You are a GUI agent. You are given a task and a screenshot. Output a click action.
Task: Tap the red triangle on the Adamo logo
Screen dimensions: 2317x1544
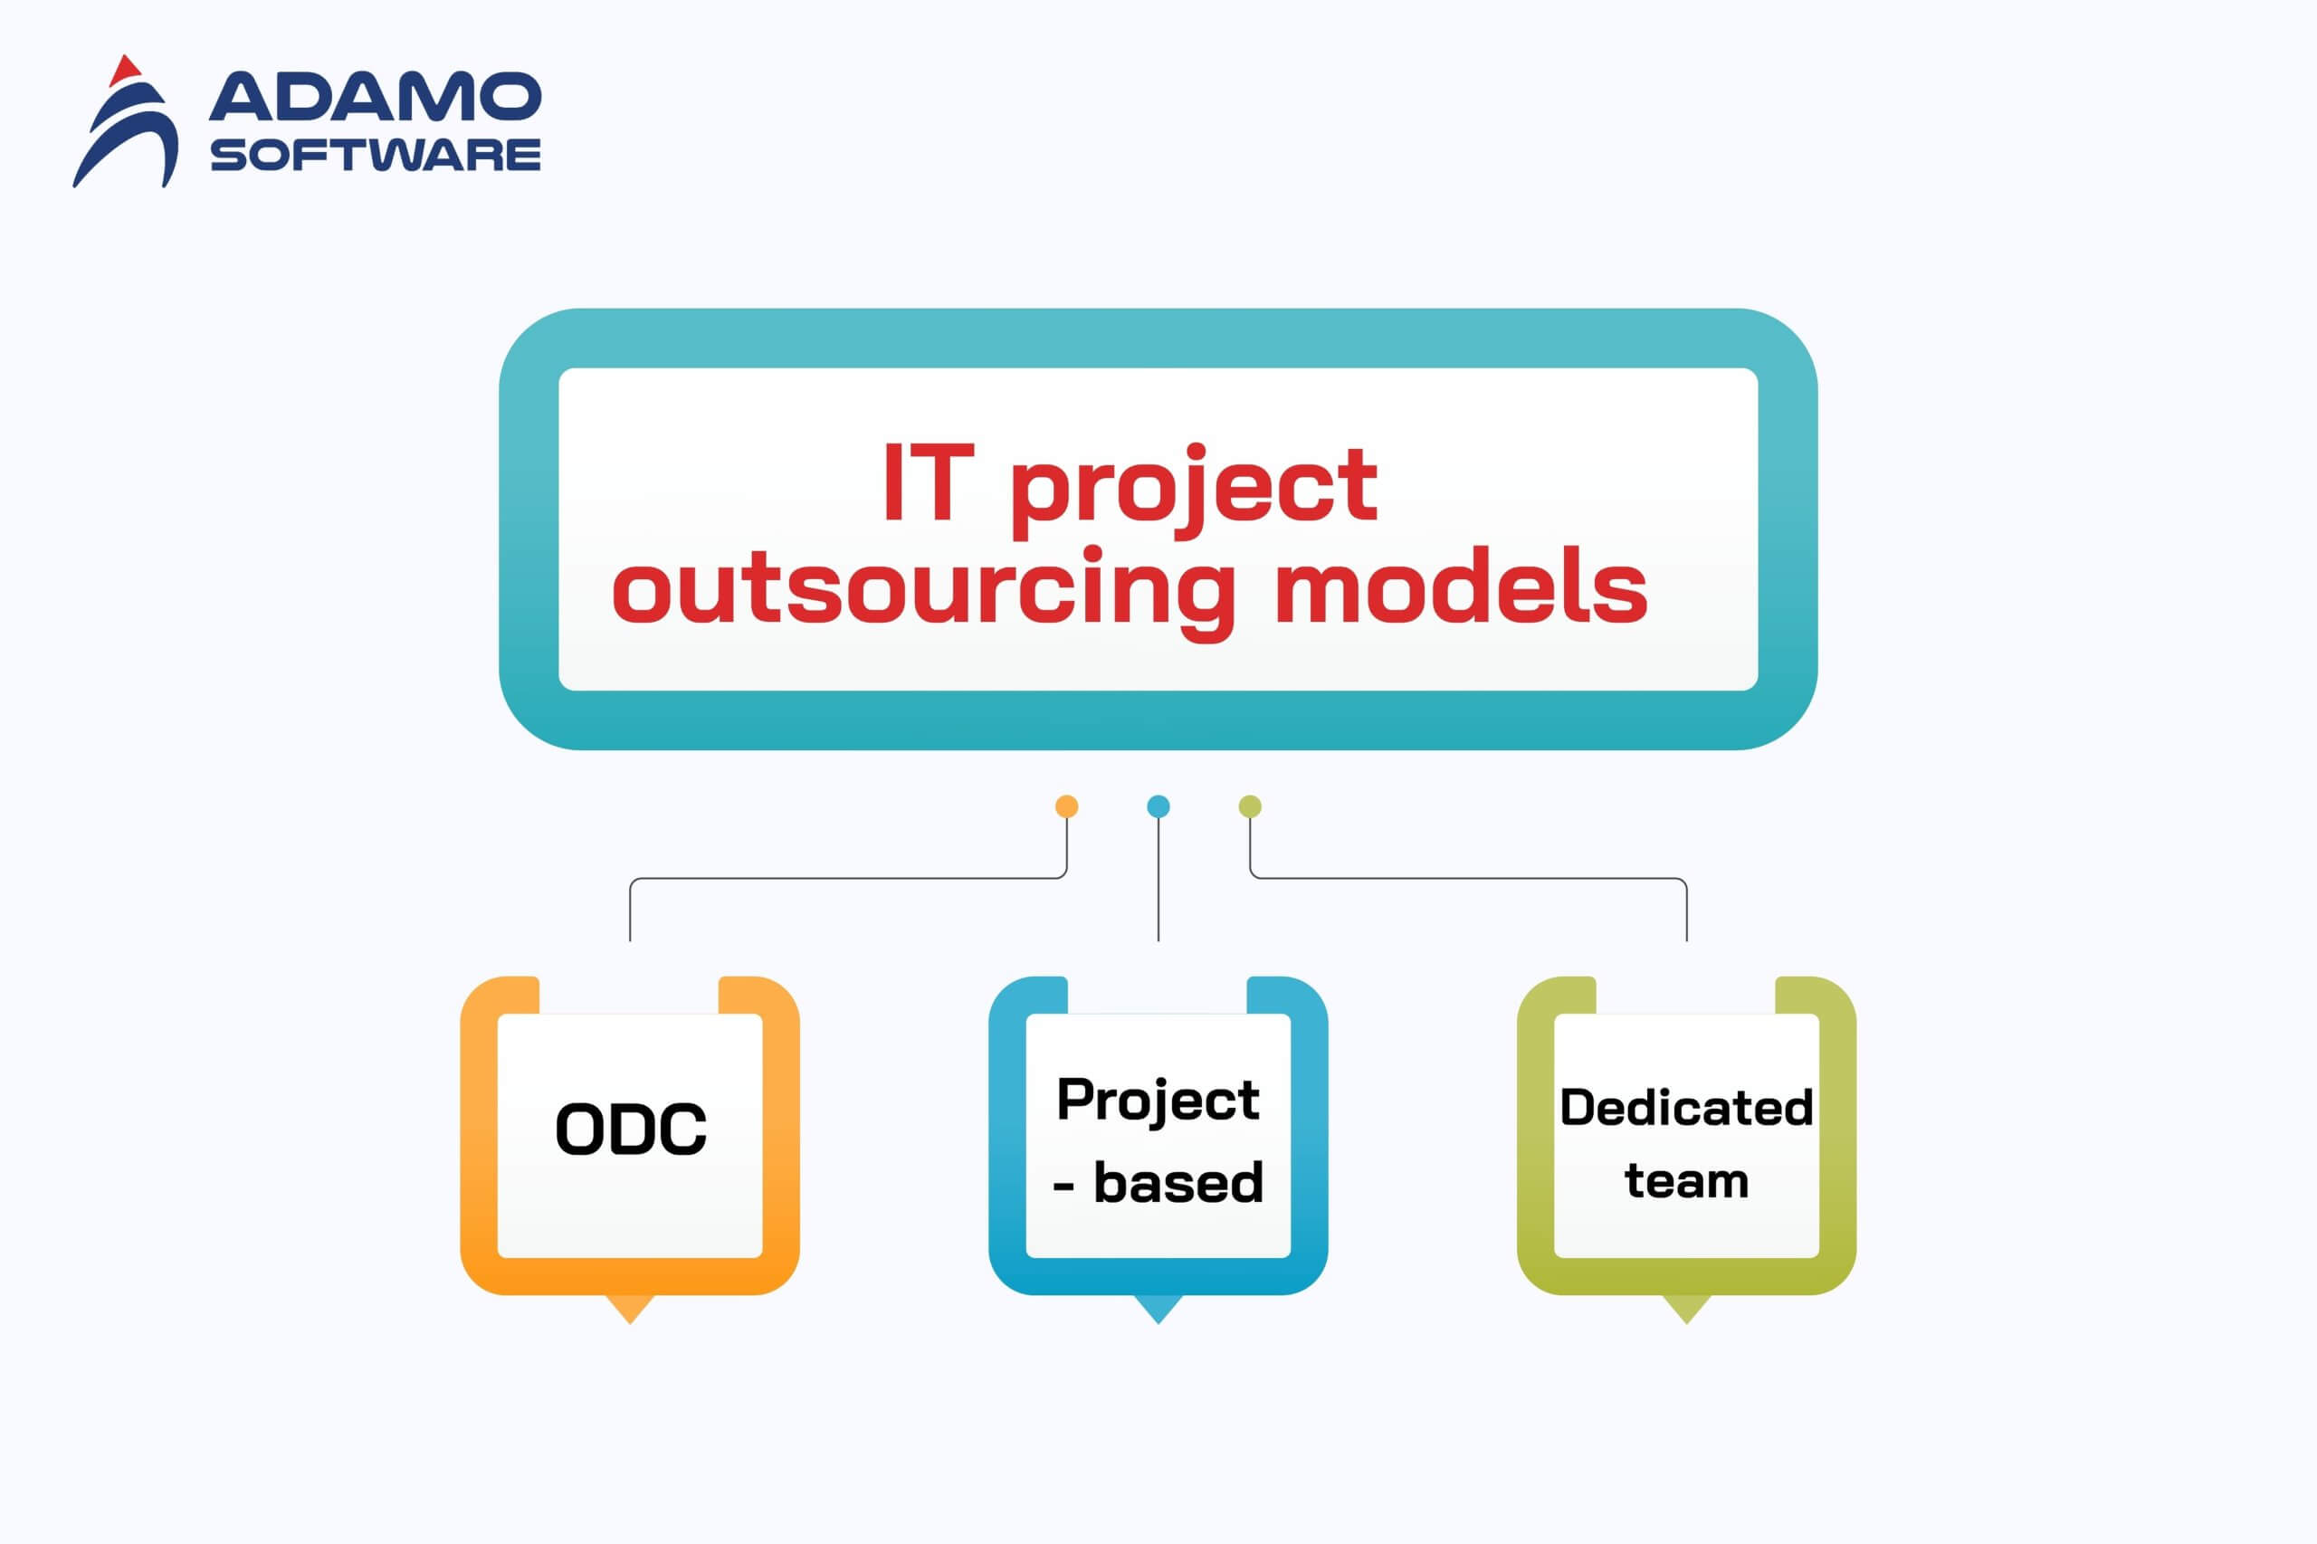click(x=124, y=70)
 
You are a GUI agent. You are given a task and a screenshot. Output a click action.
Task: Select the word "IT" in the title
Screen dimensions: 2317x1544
click(x=928, y=482)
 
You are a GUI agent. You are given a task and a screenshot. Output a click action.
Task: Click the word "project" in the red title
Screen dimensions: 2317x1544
click(x=1194, y=490)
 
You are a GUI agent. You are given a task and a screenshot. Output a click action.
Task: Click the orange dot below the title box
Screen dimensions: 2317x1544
click(x=1066, y=806)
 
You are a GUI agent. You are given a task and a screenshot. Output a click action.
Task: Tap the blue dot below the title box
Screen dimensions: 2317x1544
click(x=1158, y=806)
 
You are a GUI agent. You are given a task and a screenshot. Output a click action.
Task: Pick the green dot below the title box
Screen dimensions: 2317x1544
click(x=1250, y=806)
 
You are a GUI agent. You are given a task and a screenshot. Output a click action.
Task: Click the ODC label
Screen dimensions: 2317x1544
click(x=631, y=1129)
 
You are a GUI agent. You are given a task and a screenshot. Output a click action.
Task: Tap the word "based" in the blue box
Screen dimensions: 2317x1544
click(x=1178, y=1183)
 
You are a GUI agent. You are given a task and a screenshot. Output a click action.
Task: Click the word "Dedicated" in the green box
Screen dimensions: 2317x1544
click(x=1686, y=1108)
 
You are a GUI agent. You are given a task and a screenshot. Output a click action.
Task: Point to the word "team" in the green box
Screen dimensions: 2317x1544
click(x=1686, y=1181)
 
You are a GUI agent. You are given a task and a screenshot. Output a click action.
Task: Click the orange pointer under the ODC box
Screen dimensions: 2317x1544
click(x=630, y=1308)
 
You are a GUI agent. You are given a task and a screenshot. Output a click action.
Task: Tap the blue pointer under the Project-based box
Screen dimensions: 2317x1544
click(x=1158, y=1308)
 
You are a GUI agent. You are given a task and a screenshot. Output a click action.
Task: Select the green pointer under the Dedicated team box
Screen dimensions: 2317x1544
click(x=1686, y=1308)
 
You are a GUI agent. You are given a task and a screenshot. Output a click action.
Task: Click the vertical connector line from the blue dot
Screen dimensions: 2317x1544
click(x=1158, y=880)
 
